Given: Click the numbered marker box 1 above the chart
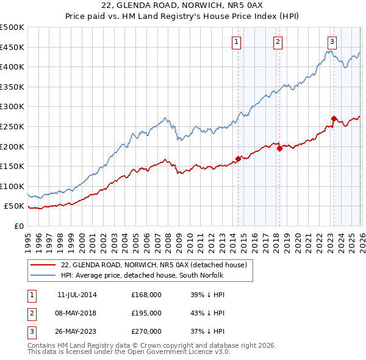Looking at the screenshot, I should coord(236,42).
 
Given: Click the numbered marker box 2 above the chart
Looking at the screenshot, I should coord(278,42).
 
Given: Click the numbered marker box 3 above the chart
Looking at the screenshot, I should coord(332,42).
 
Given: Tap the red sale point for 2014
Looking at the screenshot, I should coord(238,159).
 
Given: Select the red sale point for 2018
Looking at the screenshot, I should coord(279,148).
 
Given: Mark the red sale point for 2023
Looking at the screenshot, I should coord(334,118).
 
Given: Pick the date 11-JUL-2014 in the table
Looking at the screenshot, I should coord(77,294).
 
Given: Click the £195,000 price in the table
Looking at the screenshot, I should coord(146,313).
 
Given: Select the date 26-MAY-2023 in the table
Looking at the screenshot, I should coord(77,332).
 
